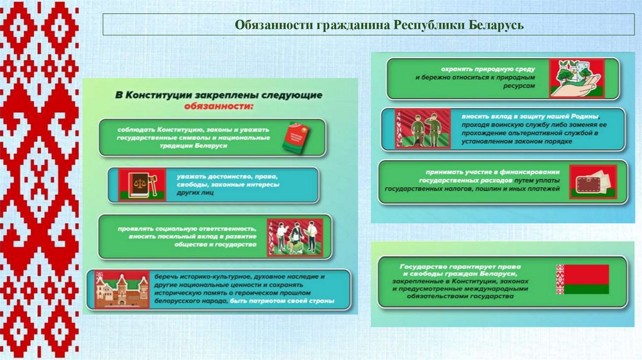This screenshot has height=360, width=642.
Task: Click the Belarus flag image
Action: point(582,280)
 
